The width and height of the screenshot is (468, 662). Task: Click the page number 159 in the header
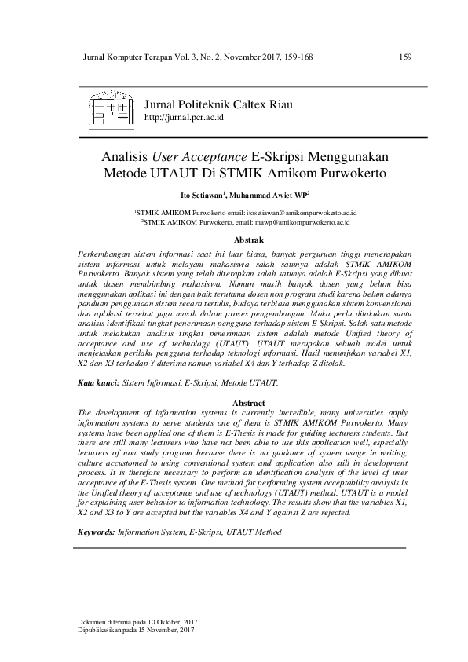(406, 57)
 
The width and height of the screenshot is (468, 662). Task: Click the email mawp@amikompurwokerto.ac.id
(299, 222)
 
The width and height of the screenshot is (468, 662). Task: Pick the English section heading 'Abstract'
(249, 403)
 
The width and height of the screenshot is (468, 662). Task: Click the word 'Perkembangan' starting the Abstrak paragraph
(107, 255)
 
